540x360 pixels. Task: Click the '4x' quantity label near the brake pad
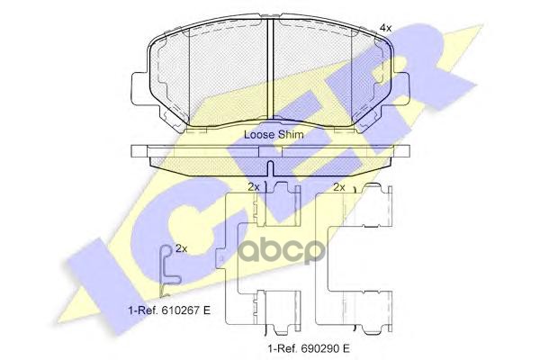[x=385, y=28]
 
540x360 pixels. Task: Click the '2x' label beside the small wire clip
[x=182, y=248]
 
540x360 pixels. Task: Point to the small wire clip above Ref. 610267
[x=169, y=271]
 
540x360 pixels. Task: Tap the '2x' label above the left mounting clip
[x=254, y=187]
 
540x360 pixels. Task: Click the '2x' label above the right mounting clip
[x=339, y=187]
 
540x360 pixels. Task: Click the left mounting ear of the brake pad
[x=139, y=88]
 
